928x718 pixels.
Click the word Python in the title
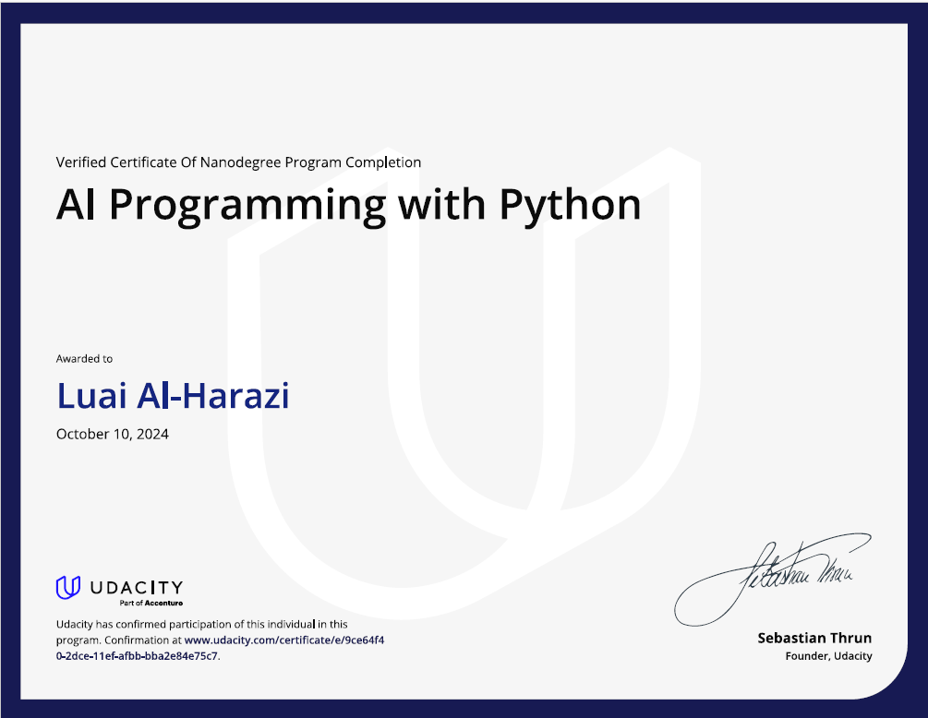[571, 205]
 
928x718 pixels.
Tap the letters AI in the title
[77, 204]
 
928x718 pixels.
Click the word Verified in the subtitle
[80, 162]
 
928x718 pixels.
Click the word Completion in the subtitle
[383, 162]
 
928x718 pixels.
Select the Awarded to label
[84, 358]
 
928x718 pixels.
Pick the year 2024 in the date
[151, 434]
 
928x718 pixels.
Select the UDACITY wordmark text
[136, 587]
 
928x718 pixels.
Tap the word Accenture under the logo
[163, 603]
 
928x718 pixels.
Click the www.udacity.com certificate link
[283, 640]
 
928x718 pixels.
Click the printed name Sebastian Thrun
[814, 638]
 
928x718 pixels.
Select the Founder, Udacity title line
[828, 656]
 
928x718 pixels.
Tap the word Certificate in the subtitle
[141, 162]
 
